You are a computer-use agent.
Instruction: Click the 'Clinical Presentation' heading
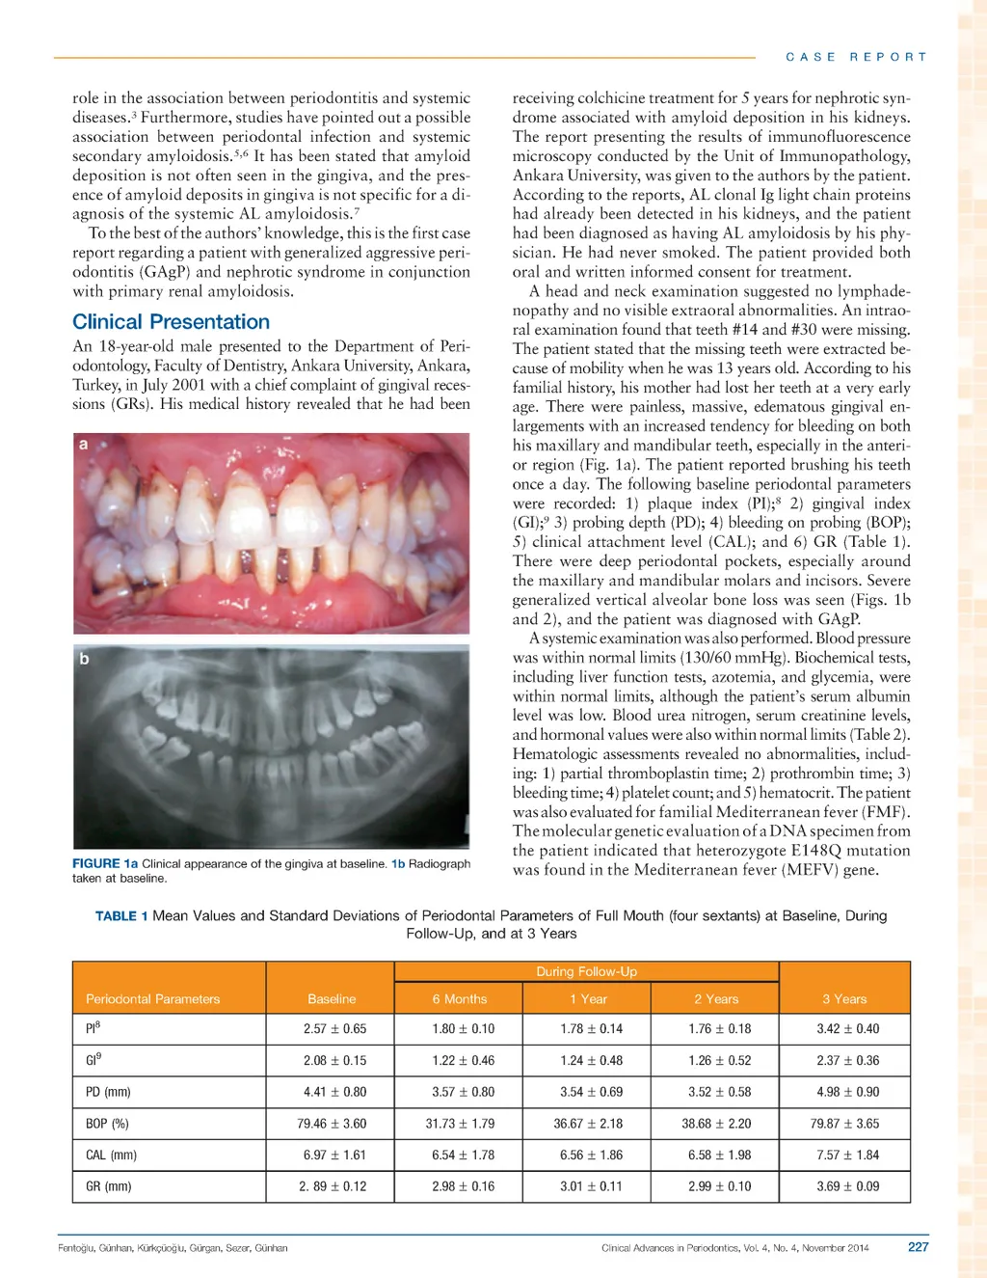[x=171, y=322]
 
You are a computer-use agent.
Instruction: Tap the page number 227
[x=918, y=1247]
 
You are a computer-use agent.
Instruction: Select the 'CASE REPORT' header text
[x=856, y=57]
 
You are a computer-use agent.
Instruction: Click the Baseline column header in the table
[x=332, y=999]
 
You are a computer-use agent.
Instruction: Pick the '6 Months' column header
[x=459, y=999]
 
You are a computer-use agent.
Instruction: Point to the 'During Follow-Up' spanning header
[x=586, y=971]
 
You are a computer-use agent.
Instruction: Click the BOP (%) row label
[x=107, y=1124]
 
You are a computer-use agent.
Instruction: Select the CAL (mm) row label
[x=111, y=1156]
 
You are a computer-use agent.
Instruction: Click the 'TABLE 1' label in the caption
[x=120, y=916]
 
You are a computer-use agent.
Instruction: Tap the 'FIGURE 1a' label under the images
[x=105, y=864]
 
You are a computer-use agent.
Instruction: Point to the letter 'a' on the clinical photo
[x=83, y=445]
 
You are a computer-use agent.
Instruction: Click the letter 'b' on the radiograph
[x=84, y=659]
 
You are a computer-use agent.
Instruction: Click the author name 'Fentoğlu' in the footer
[x=75, y=1248]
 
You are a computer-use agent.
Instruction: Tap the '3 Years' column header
[x=844, y=999]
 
